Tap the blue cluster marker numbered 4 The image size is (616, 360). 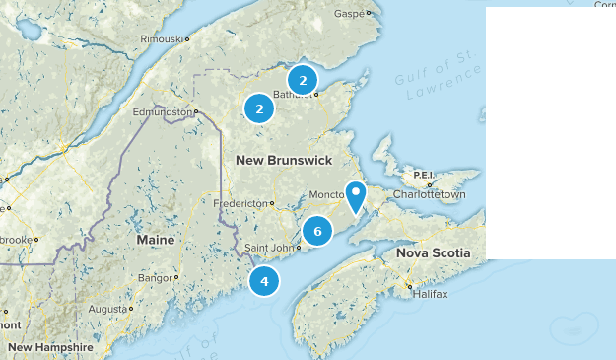[x=264, y=281]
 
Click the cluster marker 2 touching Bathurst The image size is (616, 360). [x=303, y=80]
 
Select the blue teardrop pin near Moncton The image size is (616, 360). [x=356, y=195]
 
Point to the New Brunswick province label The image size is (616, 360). [x=284, y=160]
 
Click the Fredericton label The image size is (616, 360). [x=241, y=204]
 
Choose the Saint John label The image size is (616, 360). [x=267, y=248]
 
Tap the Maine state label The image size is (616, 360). [x=156, y=241]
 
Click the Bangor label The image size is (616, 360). [x=158, y=278]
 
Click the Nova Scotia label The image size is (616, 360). [x=434, y=253]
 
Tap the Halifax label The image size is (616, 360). [x=431, y=295]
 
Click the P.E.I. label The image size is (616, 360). [x=424, y=175]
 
